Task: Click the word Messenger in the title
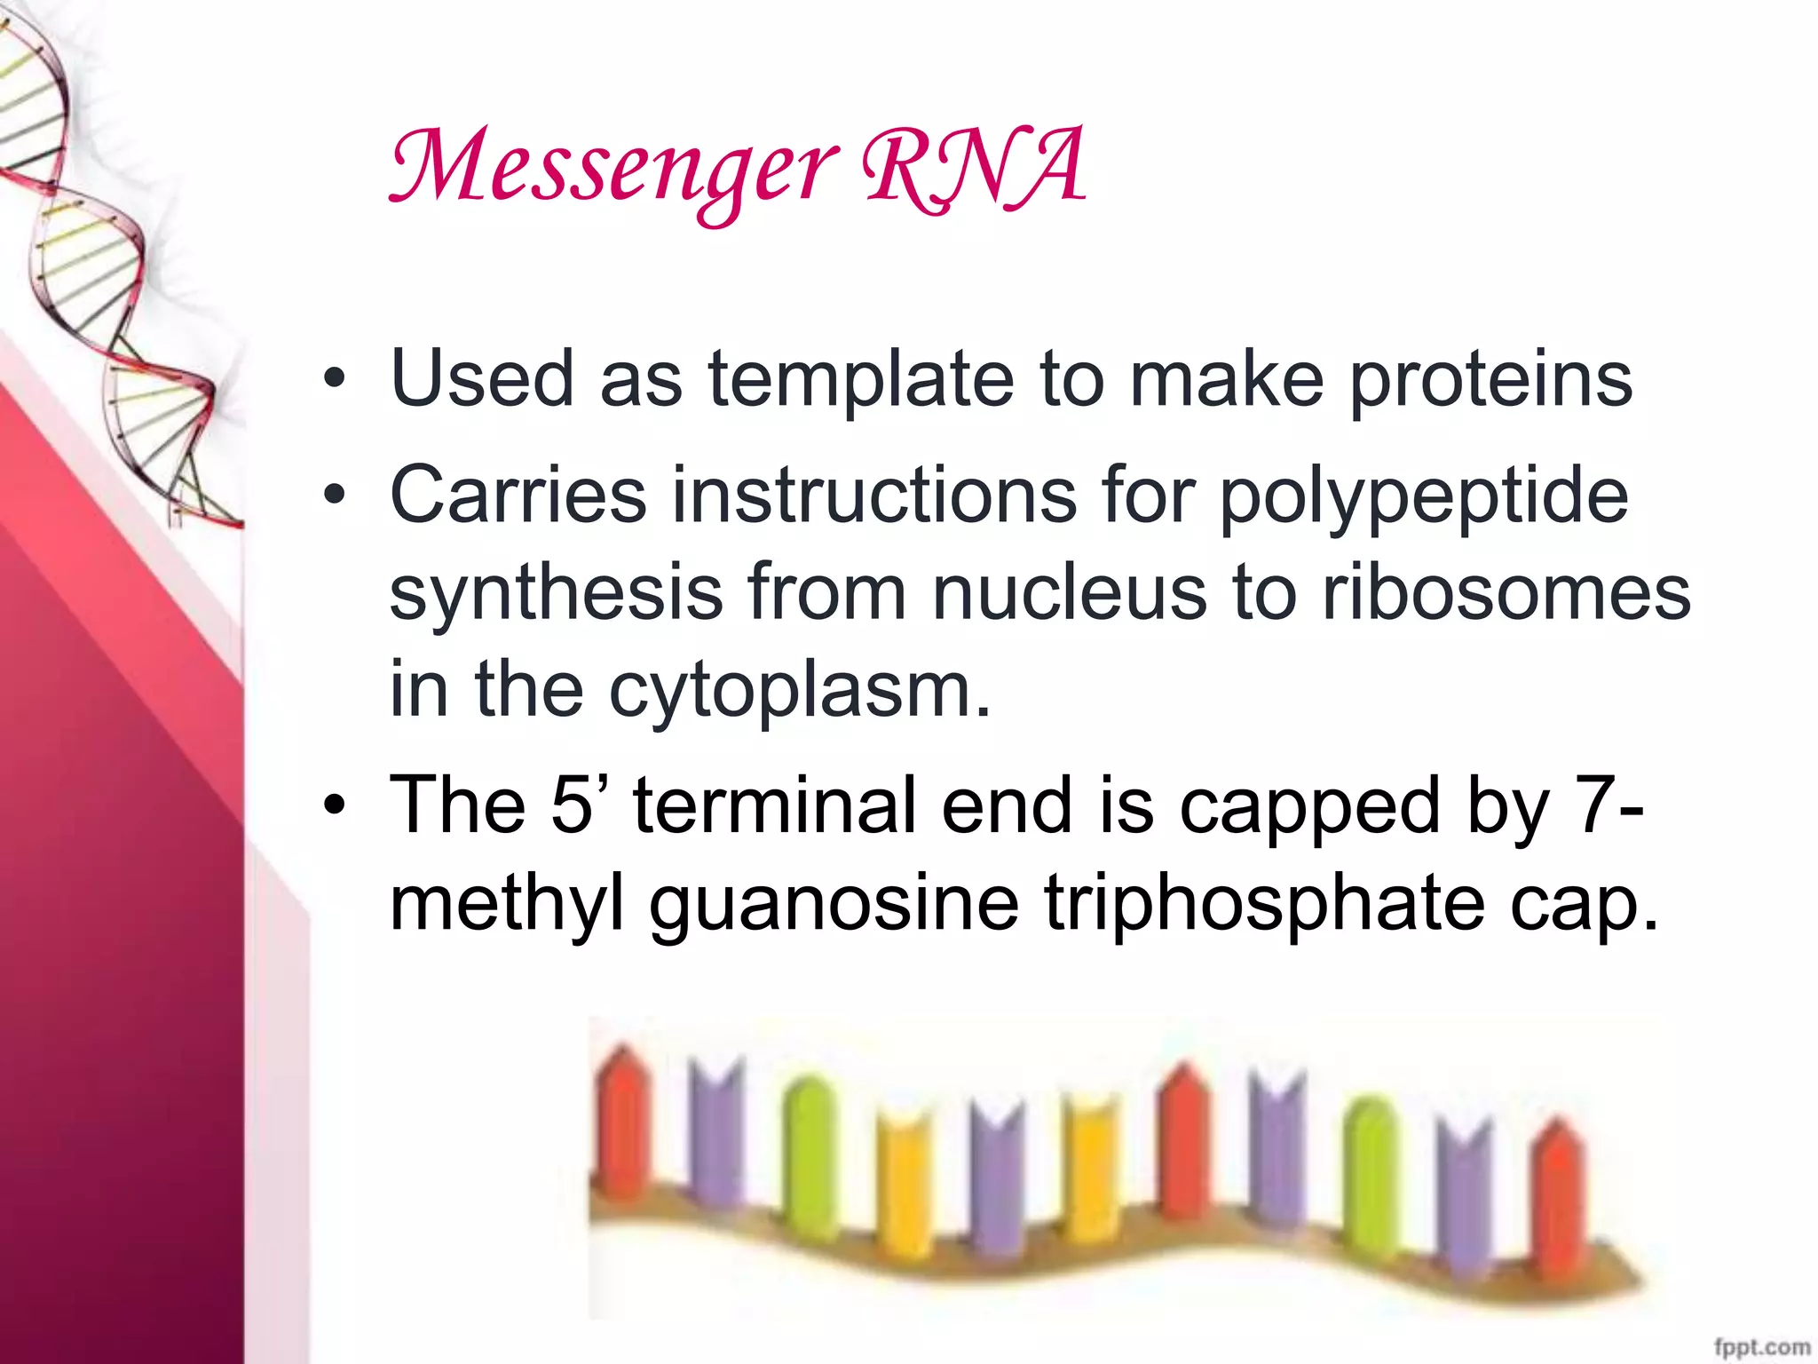point(613,169)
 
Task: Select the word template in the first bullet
point(860,379)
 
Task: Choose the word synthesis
point(557,592)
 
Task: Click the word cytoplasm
point(799,693)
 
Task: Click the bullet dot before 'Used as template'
point(334,380)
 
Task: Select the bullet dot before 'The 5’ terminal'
point(334,805)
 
